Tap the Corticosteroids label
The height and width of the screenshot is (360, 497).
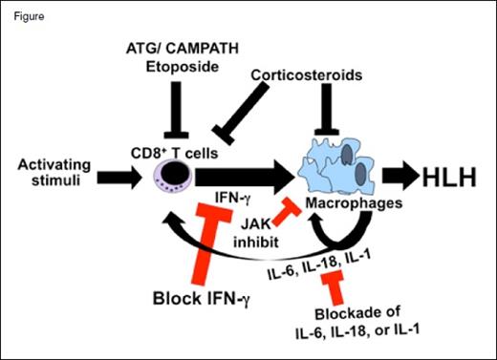point(301,74)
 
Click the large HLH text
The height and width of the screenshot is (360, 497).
point(451,179)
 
